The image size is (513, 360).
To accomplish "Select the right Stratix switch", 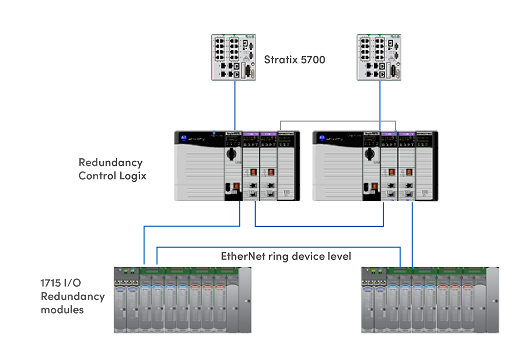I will point(379,57).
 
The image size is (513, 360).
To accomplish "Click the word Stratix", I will point(280,60).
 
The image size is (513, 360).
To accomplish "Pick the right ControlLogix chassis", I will point(375,166).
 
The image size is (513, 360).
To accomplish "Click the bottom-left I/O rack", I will point(182,300).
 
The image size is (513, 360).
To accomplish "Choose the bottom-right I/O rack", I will point(430,300).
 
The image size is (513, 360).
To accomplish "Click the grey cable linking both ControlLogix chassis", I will point(337,121).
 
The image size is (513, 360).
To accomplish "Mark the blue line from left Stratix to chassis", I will point(235,105).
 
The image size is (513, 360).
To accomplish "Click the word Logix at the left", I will point(133,176).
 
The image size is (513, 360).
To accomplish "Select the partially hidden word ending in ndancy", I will point(121,162).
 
